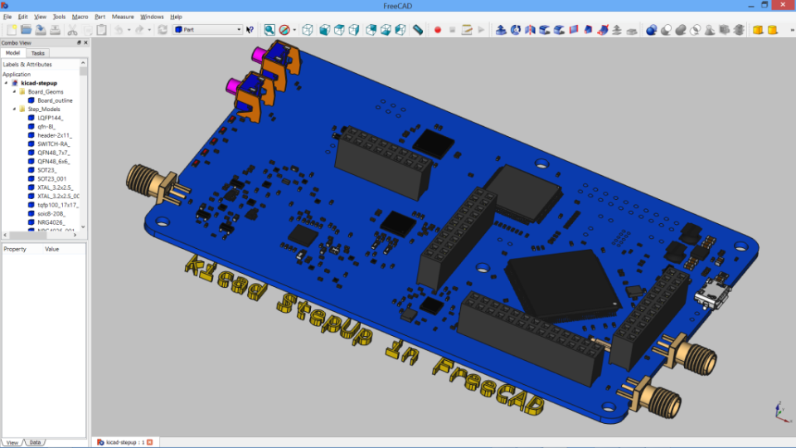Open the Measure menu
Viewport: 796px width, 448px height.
tap(123, 17)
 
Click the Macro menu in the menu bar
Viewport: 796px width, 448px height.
tap(80, 17)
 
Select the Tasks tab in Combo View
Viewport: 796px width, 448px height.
tap(38, 53)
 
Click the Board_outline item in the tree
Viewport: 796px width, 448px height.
tap(55, 100)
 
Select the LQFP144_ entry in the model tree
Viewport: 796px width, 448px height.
tap(50, 118)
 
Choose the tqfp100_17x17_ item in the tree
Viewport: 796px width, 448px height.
tap(57, 204)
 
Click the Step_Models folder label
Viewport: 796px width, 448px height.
tap(44, 109)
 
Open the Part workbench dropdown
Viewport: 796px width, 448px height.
tap(207, 30)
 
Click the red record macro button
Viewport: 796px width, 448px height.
tap(437, 30)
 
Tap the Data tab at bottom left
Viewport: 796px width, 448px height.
tap(36, 442)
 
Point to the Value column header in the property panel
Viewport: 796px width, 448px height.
tap(52, 249)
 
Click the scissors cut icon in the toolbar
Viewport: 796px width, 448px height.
tap(72, 30)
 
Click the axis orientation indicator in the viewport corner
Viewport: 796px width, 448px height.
tap(780, 411)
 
